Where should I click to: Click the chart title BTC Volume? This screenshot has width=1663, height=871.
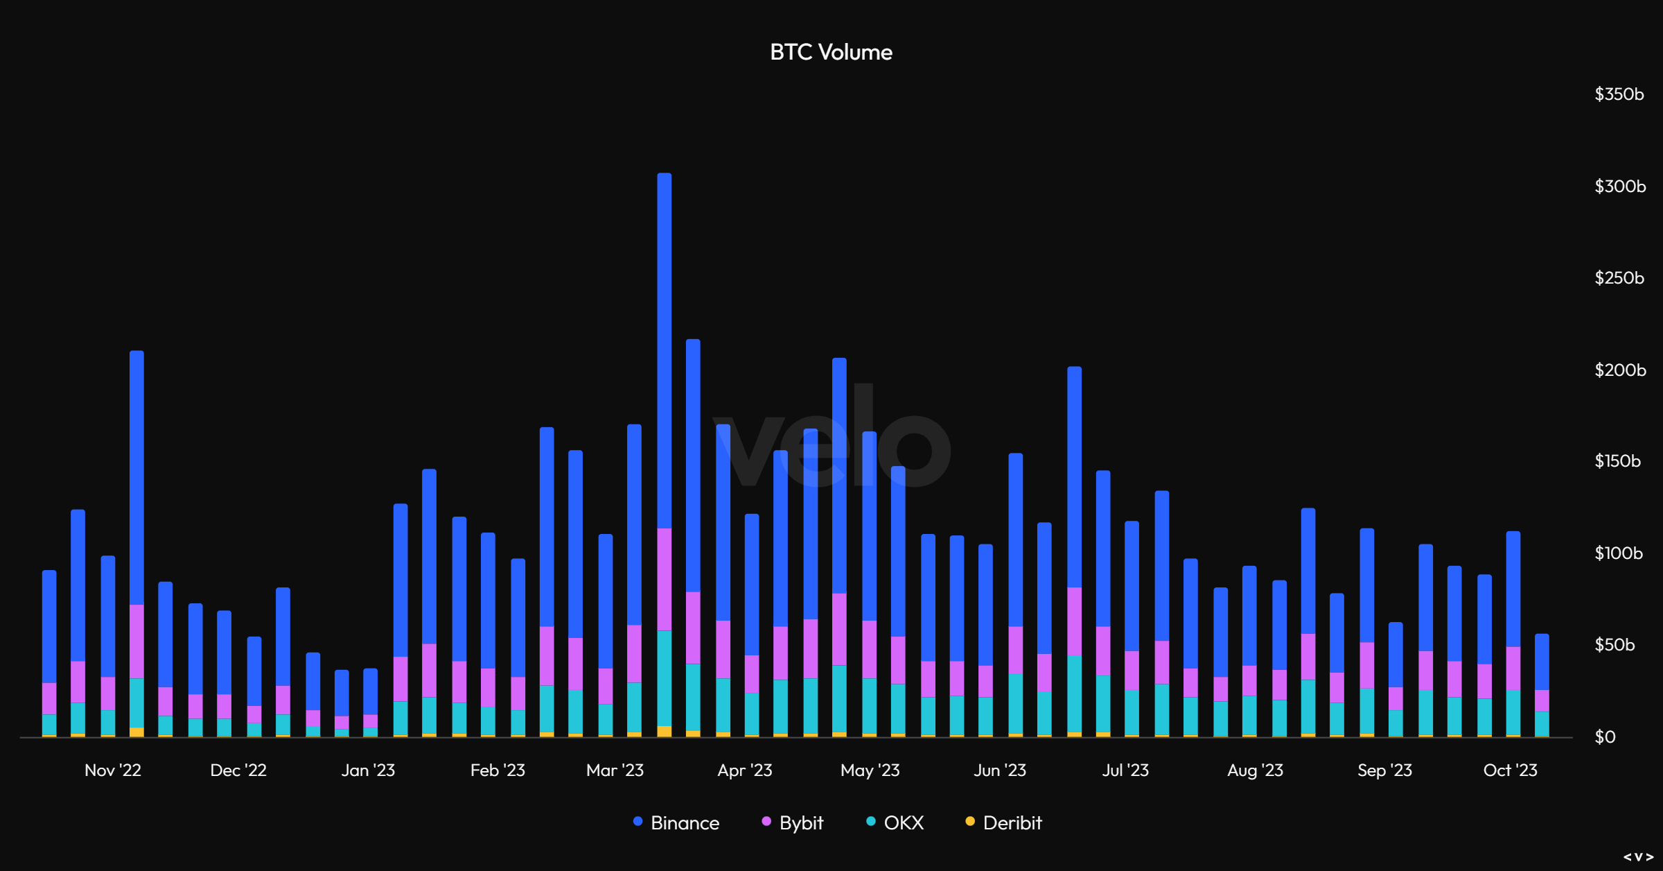[x=831, y=52]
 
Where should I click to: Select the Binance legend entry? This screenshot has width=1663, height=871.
[x=677, y=822]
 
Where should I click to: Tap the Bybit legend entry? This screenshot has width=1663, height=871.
[x=793, y=822]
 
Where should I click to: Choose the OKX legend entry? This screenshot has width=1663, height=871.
[x=895, y=822]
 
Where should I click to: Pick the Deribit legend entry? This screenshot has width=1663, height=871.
[x=1004, y=822]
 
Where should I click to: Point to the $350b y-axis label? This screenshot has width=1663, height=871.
[x=1619, y=94]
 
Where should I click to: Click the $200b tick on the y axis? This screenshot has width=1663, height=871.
[x=1619, y=370]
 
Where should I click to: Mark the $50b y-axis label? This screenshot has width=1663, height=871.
[x=1614, y=645]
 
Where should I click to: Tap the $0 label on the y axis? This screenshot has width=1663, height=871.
[x=1605, y=736]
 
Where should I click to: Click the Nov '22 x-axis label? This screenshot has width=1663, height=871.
[x=113, y=770]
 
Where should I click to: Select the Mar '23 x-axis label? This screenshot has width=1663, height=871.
[x=615, y=770]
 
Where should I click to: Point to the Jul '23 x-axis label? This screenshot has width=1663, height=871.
[x=1125, y=770]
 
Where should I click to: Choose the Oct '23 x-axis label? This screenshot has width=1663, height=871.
[x=1510, y=770]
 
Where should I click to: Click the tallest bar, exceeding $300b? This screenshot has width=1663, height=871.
[x=665, y=347]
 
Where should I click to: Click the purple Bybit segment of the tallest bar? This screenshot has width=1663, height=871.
[x=665, y=579]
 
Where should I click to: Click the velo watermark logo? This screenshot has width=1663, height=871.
[x=831, y=437]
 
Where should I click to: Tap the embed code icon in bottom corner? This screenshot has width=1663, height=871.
[x=1638, y=857]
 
